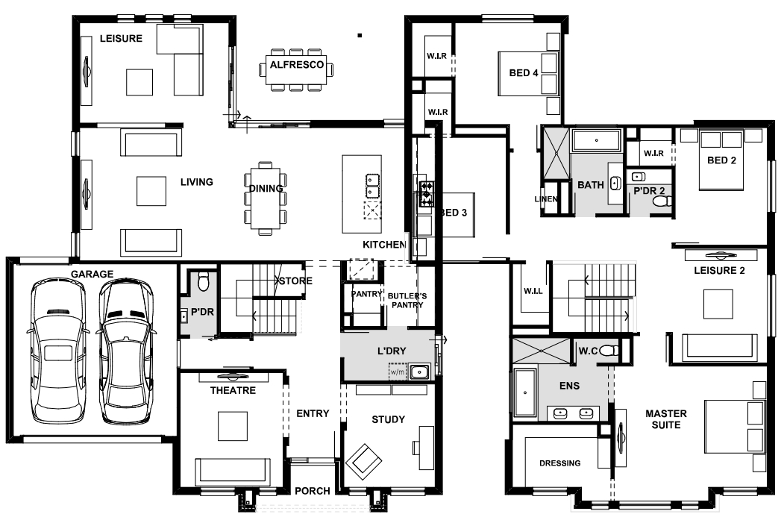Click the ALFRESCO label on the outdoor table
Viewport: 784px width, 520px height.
[x=297, y=64]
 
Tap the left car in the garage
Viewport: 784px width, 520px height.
[x=57, y=352]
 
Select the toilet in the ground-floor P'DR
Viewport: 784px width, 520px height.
[x=202, y=281]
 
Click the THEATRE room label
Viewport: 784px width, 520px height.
[x=233, y=390]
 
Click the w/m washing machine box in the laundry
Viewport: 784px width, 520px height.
[x=398, y=372]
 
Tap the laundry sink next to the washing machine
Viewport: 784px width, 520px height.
[x=418, y=372]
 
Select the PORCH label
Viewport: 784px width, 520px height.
[x=313, y=491]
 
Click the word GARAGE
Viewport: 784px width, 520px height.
[x=92, y=274]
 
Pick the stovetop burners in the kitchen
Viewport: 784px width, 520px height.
[x=427, y=194]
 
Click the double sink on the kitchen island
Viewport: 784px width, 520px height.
[x=372, y=186]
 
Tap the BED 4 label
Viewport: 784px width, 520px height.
[x=524, y=73]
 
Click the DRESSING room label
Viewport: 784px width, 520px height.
[x=560, y=463]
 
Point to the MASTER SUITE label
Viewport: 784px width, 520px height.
[x=666, y=419]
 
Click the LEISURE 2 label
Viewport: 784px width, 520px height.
[x=720, y=271]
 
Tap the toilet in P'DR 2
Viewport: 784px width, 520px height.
[x=662, y=201]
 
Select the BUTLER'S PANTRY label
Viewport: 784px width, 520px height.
[x=407, y=301]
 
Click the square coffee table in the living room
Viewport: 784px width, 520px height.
[x=151, y=191]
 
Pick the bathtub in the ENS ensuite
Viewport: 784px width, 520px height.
[x=525, y=392]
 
